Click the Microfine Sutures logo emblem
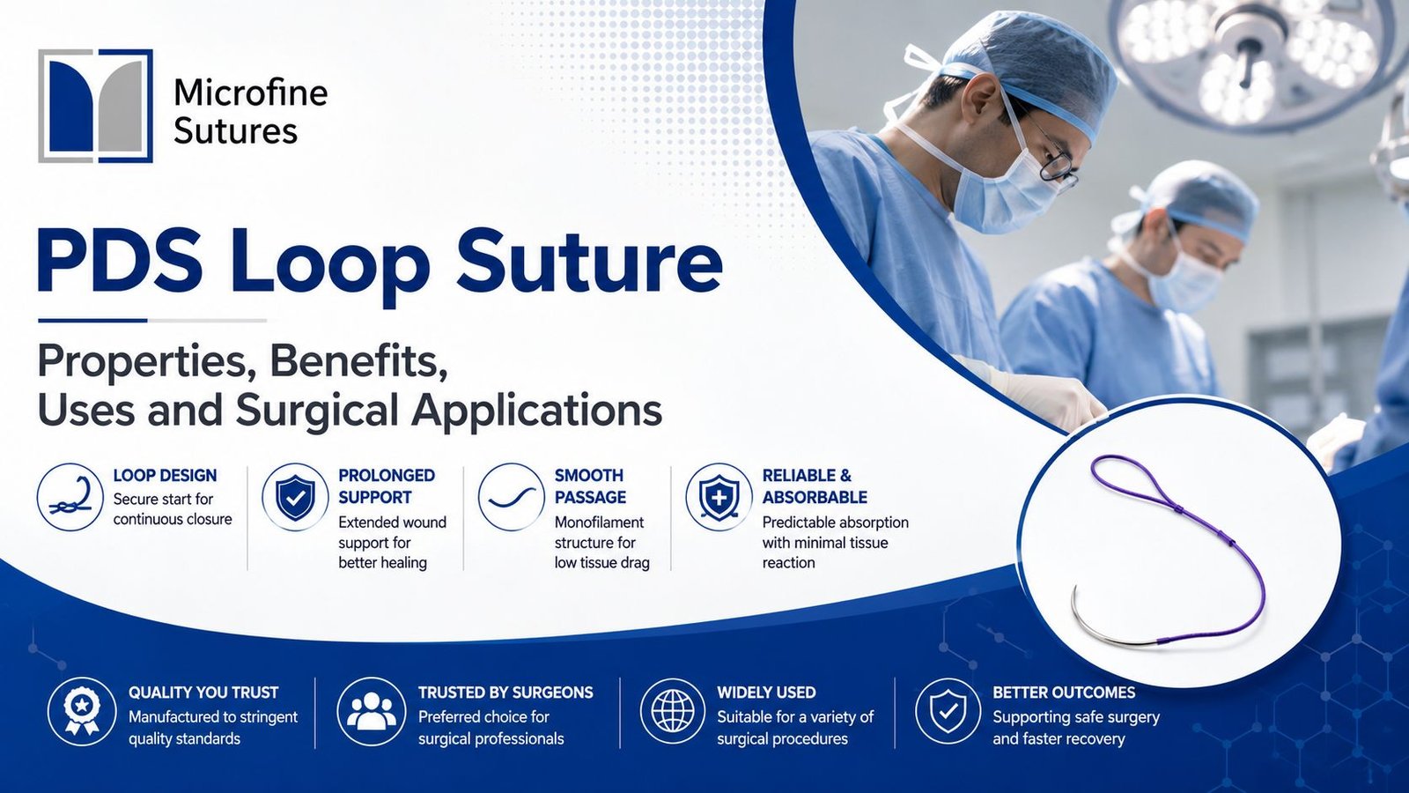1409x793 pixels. [x=96, y=106]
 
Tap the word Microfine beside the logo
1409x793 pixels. [x=250, y=93]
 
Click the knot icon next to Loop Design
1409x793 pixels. [x=70, y=497]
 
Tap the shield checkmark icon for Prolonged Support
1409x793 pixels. [x=295, y=497]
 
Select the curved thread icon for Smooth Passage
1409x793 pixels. [x=511, y=497]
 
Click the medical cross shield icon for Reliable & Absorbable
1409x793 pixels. [x=719, y=497]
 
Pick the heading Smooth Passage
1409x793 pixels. [x=590, y=485]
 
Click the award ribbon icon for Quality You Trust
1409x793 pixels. [x=82, y=712]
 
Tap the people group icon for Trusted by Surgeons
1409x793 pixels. [x=371, y=712]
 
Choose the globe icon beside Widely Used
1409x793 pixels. [x=673, y=712]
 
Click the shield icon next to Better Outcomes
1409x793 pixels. [x=948, y=712]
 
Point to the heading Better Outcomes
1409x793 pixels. [x=1064, y=693]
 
